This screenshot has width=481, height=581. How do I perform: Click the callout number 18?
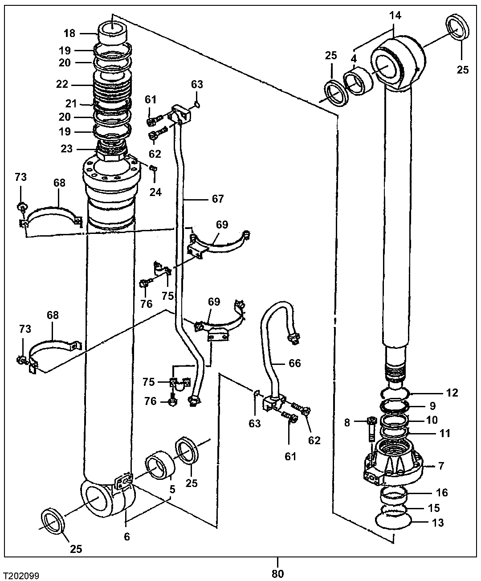70,33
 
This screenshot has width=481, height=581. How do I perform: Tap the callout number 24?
155,192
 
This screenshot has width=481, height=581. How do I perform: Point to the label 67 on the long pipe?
218,199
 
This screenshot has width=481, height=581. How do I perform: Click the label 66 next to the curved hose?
294,363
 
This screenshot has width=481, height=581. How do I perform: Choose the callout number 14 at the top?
395,16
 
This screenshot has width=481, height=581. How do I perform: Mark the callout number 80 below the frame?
277,573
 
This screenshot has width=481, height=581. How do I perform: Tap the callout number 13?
438,523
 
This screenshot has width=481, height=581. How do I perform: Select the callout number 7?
441,466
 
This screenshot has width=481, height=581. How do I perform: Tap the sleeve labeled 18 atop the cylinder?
112,31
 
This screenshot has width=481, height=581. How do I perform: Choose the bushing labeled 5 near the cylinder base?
159,465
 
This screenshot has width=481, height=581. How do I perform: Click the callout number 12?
452,393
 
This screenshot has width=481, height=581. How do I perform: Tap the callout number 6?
127,537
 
